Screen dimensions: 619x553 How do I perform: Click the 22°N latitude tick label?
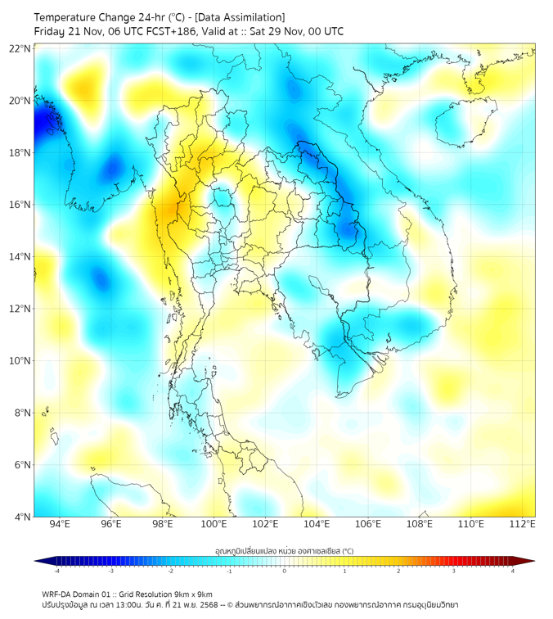coord(20,48)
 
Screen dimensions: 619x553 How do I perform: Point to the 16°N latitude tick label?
coord(20,205)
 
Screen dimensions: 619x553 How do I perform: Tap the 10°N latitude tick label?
coord(20,361)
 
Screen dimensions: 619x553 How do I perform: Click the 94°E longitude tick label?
coord(60,524)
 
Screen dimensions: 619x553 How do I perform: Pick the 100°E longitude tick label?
coord(214,524)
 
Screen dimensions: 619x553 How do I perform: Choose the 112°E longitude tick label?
coord(523,524)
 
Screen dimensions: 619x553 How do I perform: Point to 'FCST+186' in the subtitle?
coord(169,32)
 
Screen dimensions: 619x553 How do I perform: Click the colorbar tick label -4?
coord(56,570)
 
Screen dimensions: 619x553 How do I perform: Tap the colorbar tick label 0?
coord(285,570)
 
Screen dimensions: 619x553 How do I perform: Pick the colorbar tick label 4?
coord(513,570)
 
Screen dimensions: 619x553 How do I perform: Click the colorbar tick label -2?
coord(170,570)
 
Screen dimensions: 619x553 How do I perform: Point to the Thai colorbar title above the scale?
coord(284,550)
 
